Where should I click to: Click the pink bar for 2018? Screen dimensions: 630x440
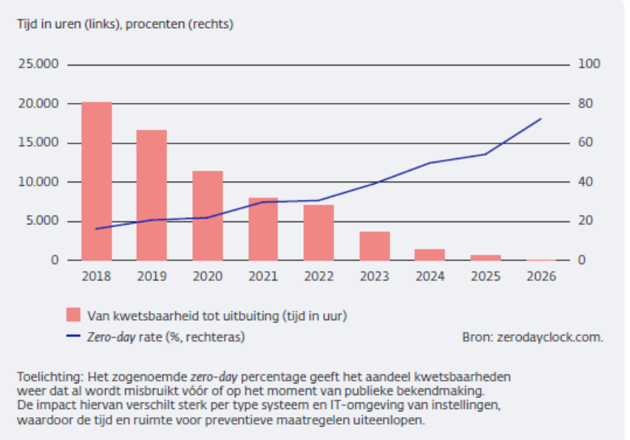pos(97,181)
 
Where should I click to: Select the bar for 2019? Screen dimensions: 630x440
pos(152,195)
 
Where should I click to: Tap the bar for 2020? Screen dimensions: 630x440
pos(208,216)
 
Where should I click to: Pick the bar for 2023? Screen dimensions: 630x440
pos(375,246)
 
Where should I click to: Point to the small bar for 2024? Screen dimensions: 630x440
pos(430,255)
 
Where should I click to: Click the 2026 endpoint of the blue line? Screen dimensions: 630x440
pos(541,118)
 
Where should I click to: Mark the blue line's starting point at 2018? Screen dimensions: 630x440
pos(96,229)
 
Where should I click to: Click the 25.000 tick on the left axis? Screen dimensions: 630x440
pos(38,64)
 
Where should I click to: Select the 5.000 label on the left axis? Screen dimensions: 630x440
pos(42,221)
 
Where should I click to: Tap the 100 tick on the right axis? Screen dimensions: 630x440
pos(589,64)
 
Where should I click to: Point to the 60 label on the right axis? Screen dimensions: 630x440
pos(585,142)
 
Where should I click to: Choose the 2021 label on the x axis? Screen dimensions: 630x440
pos(263,277)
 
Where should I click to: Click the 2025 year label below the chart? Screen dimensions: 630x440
pos(486,277)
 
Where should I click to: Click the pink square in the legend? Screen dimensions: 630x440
pos(73,315)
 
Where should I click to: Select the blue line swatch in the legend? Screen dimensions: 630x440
pos(73,336)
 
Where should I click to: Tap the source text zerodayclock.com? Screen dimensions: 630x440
pos(550,337)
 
